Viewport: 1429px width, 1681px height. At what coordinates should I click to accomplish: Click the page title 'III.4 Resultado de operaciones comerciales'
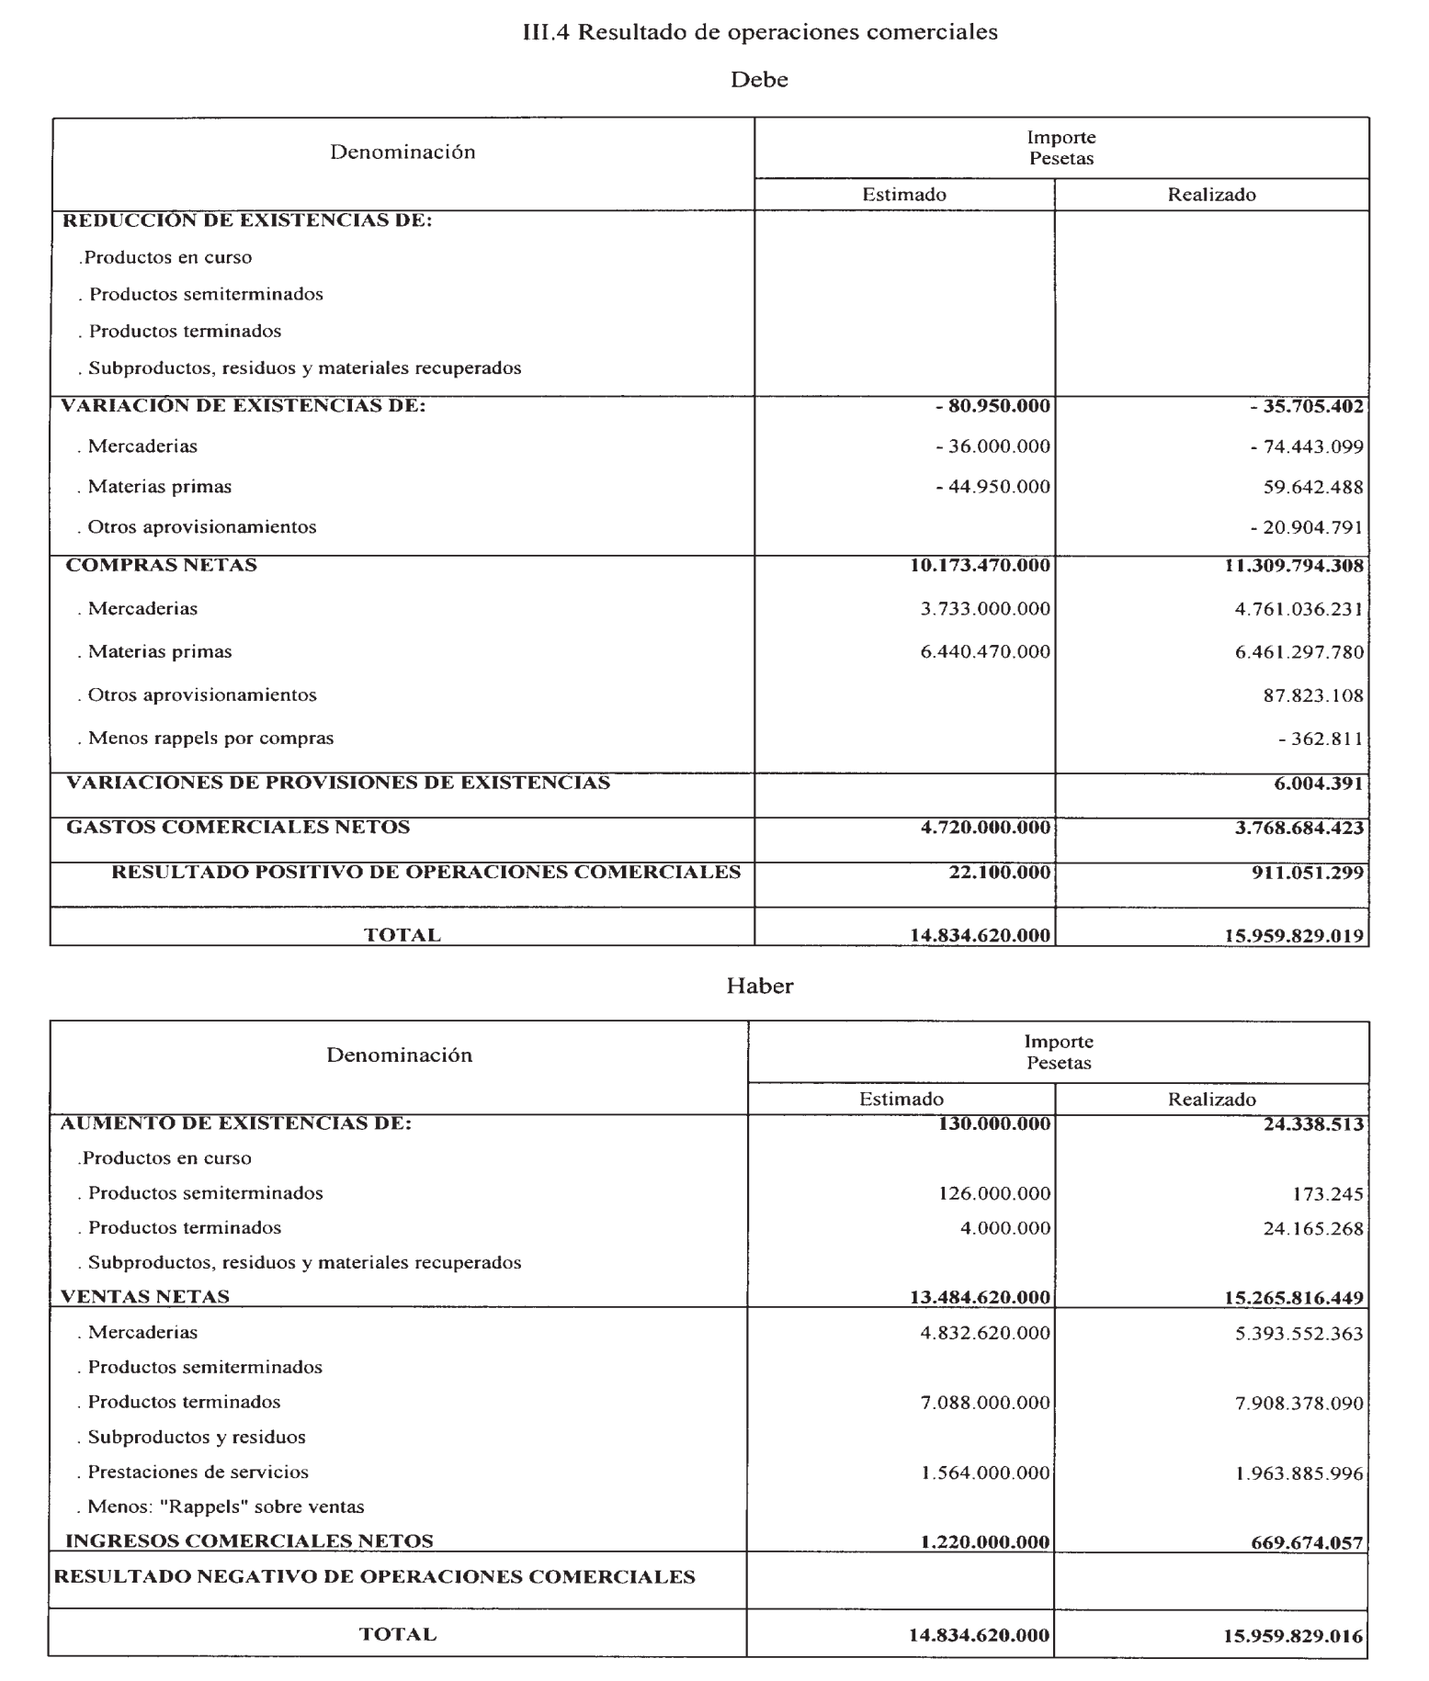pyautogui.click(x=759, y=32)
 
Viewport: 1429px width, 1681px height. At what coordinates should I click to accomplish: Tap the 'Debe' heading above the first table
pyautogui.click(x=759, y=80)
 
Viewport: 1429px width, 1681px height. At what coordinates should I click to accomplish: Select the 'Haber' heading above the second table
pyautogui.click(x=759, y=986)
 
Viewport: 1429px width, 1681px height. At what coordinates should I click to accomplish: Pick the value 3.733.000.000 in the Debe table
pyautogui.click(x=985, y=609)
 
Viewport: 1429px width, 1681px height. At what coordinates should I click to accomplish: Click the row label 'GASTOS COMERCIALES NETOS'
pyautogui.click(x=238, y=828)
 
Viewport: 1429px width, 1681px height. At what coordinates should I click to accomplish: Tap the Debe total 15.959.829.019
pyautogui.click(x=1294, y=936)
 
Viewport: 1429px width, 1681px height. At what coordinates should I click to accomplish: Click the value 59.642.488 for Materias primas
pyautogui.click(x=1313, y=488)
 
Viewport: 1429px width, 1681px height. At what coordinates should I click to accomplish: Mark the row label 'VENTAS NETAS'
pyautogui.click(x=145, y=1296)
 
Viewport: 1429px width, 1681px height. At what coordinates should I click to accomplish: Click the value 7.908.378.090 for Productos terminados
pyautogui.click(x=1299, y=1404)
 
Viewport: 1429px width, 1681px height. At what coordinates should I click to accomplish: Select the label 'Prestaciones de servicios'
pyautogui.click(x=198, y=1472)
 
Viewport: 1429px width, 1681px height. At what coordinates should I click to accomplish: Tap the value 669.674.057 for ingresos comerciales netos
pyautogui.click(x=1307, y=1543)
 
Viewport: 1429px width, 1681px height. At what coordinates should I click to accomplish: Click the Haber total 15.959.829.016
pyautogui.click(x=1294, y=1636)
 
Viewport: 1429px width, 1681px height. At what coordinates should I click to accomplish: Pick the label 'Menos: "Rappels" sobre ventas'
pyautogui.click(x=226, y=1506)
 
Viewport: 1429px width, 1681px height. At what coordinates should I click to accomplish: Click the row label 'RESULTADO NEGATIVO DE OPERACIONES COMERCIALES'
pyautogui.click(x=375, y=1577)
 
